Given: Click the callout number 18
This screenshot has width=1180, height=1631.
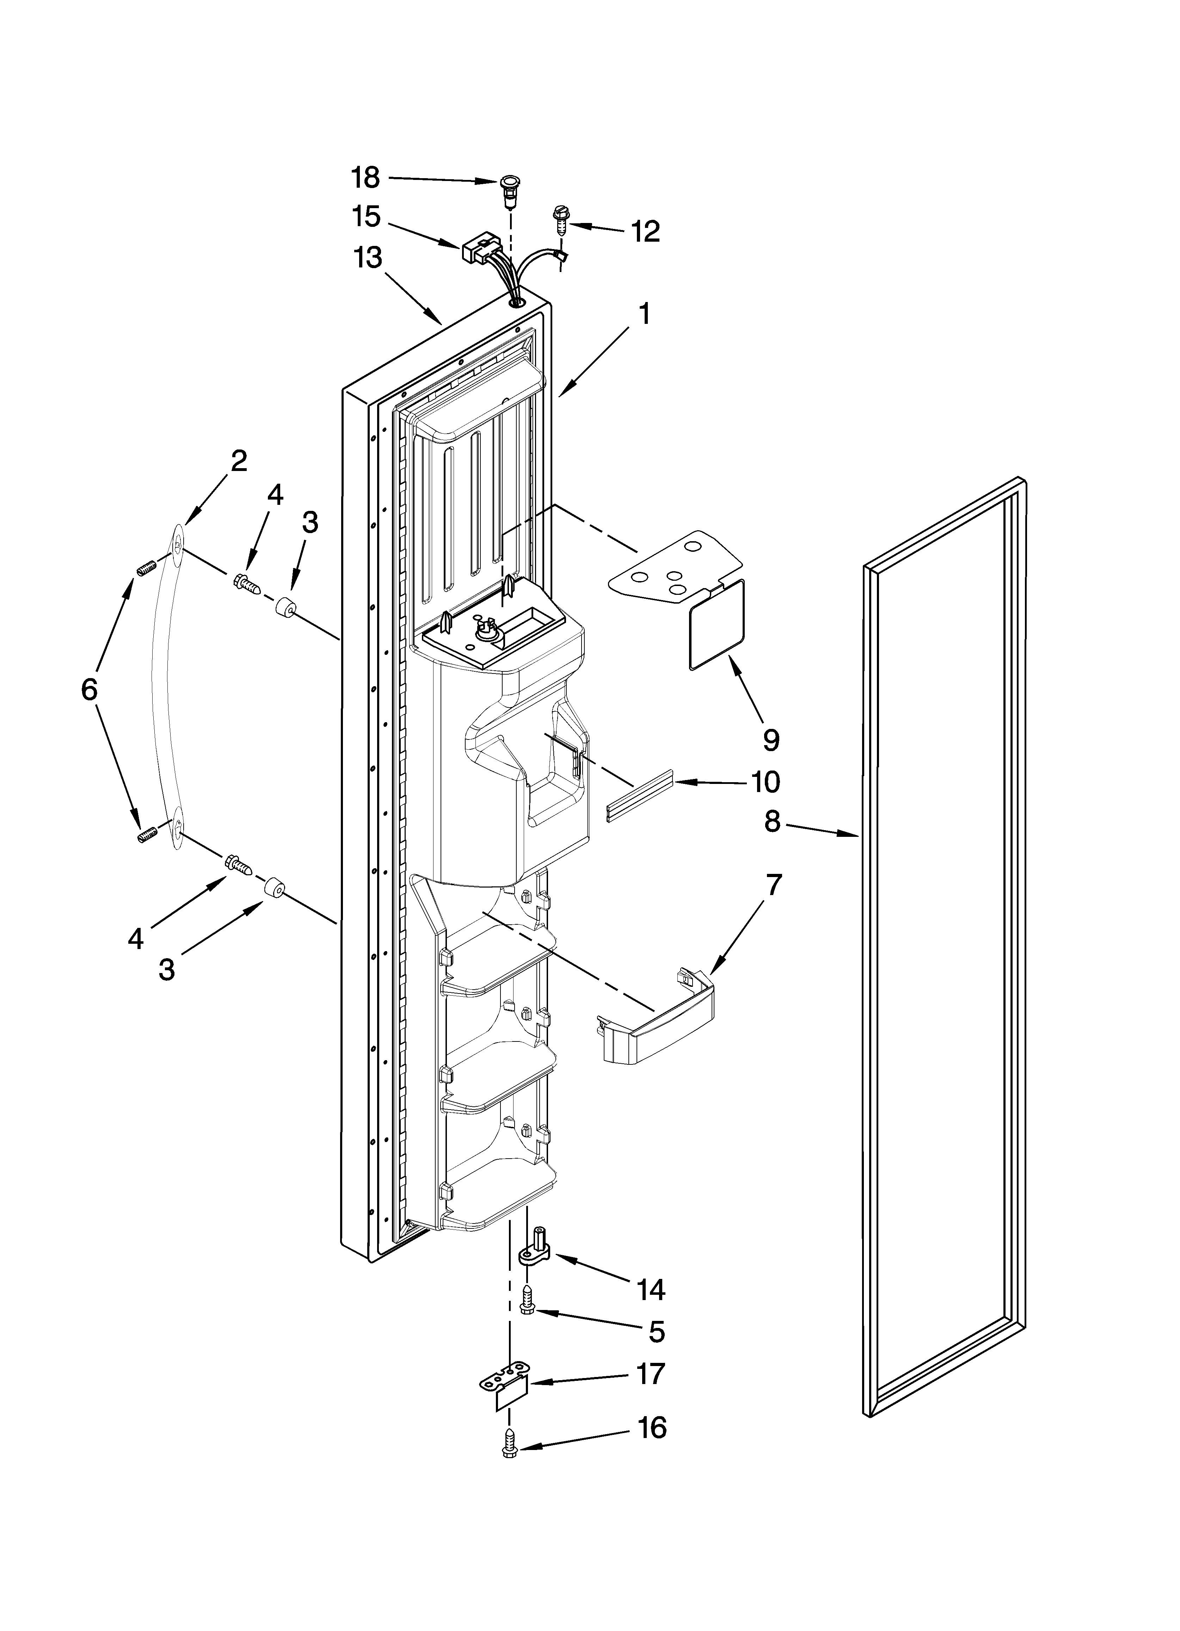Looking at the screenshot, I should pyautogui.click(x=365, y=177).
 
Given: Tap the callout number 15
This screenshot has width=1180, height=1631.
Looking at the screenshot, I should pyautogui.click(x=367, y=217).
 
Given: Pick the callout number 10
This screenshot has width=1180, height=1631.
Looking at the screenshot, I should pyautogui.click(x=766, y=782).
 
